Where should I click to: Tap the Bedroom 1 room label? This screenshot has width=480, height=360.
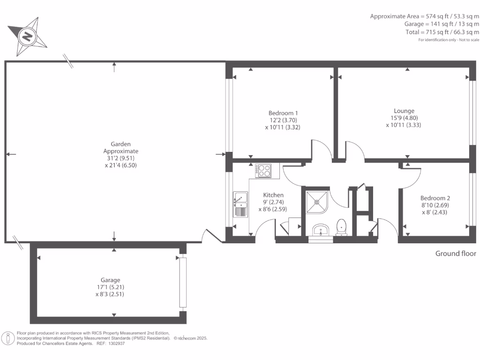283,113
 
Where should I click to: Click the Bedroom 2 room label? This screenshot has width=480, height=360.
435,198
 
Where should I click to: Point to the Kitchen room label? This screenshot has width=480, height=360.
273,195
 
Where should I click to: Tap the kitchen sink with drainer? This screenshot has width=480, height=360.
240,204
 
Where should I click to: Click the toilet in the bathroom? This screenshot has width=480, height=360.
342,226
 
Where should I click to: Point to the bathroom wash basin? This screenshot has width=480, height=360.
321,230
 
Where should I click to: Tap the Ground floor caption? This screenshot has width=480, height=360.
456,254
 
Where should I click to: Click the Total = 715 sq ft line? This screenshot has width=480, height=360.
442,32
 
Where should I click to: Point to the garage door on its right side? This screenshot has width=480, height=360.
182,283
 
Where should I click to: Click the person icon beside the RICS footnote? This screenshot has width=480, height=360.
8,337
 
